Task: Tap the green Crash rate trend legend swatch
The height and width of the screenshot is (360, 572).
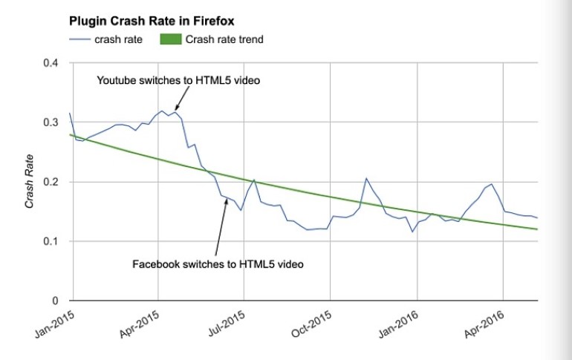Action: (x=172, y=39)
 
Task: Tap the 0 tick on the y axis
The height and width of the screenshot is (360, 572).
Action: (x=56, y=301)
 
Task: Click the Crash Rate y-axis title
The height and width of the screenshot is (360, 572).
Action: (x=29, y=181)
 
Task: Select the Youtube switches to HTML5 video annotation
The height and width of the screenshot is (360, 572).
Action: (x=178, y=80)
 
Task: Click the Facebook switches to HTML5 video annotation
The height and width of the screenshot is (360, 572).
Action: (x=218, y=264)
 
